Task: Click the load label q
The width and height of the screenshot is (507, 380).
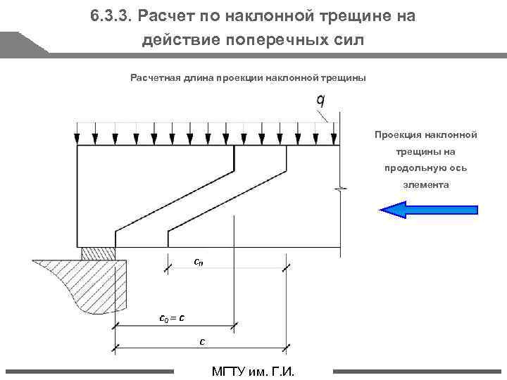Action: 320,101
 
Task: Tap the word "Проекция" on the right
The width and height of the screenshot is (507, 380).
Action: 398,134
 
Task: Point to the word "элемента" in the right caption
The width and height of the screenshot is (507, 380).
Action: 425,185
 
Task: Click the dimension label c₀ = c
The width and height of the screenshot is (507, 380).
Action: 173,317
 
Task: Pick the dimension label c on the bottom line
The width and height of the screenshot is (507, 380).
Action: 202,341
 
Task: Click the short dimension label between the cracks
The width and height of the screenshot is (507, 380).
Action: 199,262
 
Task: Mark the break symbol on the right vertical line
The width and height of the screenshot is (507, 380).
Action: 341,189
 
